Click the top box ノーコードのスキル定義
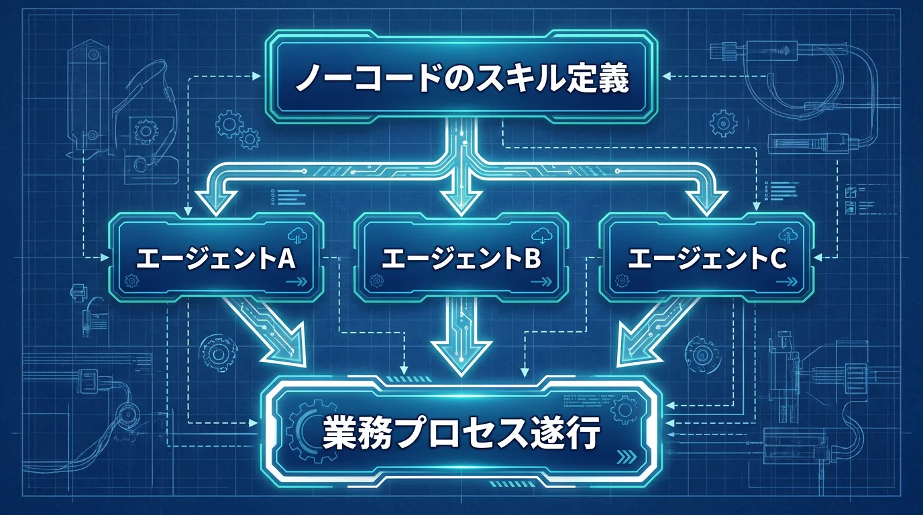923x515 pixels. [461, 77]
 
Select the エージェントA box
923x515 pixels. [216, 257]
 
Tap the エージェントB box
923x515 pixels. [461, 257]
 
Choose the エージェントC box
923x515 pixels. [706, 257]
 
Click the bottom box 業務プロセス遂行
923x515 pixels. [461, 433]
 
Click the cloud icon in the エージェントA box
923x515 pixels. [298, 235]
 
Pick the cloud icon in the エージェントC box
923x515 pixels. [788, 235]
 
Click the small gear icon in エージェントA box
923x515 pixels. [131, 281]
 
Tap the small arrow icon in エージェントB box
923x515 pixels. [541, 282]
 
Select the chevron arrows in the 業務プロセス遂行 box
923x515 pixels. [627, 457]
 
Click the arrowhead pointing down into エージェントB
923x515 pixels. [461, 199]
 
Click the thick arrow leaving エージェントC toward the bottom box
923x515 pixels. [655, 332]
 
